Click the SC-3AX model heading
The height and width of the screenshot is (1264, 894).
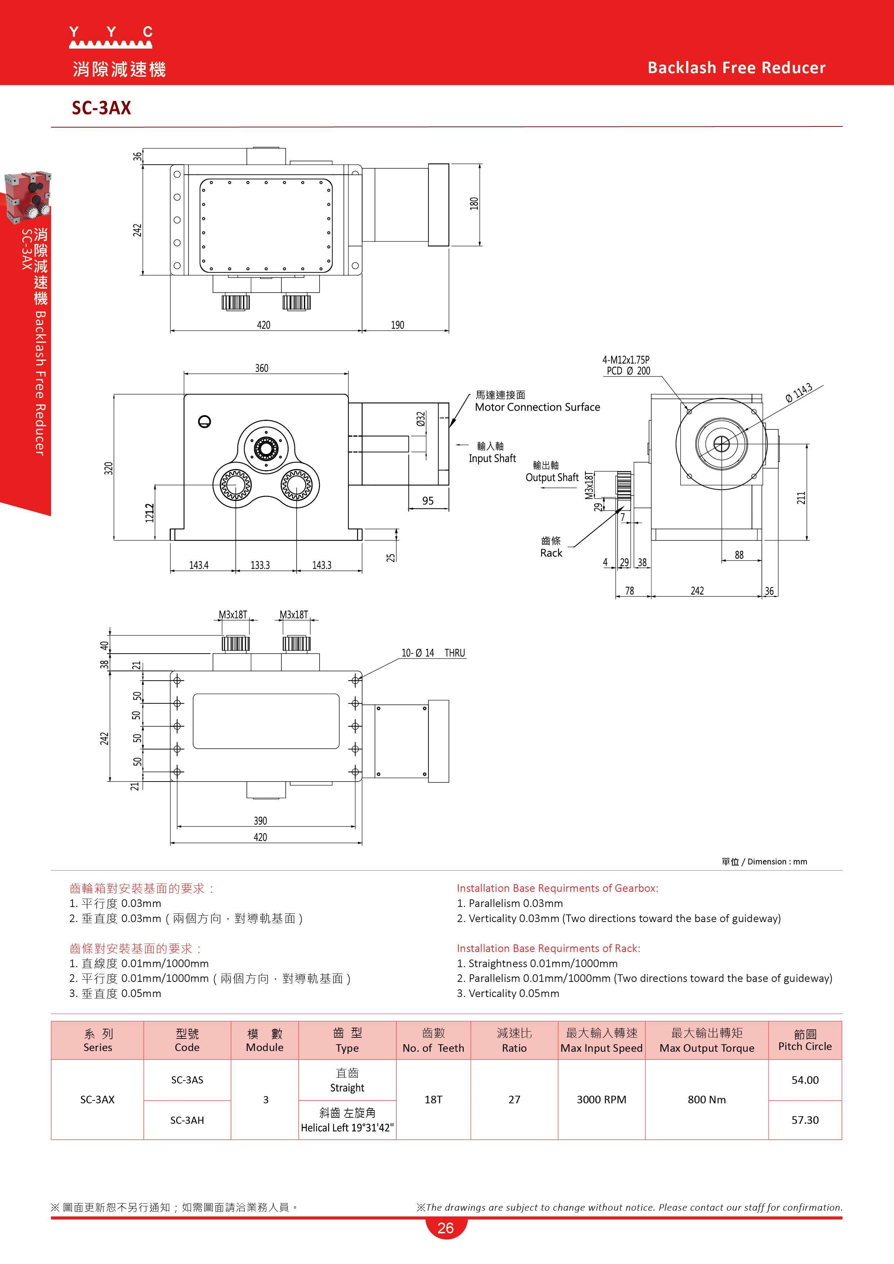101,108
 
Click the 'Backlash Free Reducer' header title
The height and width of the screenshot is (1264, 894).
737,68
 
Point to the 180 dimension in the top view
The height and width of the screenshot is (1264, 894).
474,204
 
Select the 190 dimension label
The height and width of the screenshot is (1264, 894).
397,325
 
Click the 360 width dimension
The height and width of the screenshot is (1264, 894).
262,368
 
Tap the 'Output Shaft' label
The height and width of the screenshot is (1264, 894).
552,477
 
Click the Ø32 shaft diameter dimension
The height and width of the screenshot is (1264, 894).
421,419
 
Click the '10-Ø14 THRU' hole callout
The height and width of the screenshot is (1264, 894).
433,653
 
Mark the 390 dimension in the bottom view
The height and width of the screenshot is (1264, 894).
261,821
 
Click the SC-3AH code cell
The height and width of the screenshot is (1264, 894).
187,1120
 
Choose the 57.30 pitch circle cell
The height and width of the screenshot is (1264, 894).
805,1120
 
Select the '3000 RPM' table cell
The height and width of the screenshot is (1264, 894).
602,1099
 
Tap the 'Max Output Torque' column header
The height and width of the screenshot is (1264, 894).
707,1048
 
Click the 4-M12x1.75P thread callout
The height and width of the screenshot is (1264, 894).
626,360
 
